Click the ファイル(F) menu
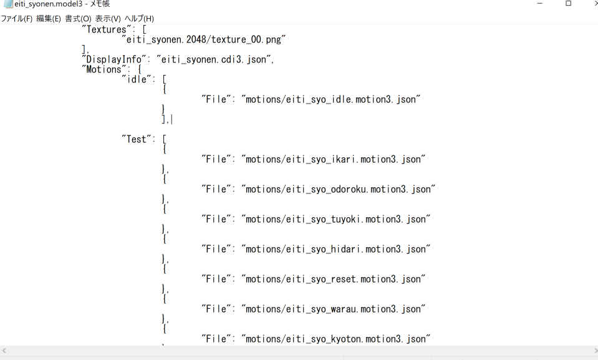point(16,18)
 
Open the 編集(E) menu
point(49,18)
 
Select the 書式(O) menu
point(78,18)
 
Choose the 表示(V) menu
point(108,18)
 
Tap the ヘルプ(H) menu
point(139,18)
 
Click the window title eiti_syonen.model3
point(49,4)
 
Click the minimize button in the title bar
point(539,4)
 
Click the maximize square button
point(568,4)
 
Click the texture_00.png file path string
point(204,39)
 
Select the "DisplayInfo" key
point(113,59)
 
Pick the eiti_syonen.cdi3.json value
point(213,59)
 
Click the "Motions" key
point(104,69)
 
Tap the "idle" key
point(136,79)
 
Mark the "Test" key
point(136,139)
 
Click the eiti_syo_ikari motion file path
point(333,159)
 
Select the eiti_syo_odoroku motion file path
point(338,189)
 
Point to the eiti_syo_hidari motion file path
point(335,249)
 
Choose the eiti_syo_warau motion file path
point(333,309)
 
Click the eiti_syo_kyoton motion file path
point(335,339)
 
